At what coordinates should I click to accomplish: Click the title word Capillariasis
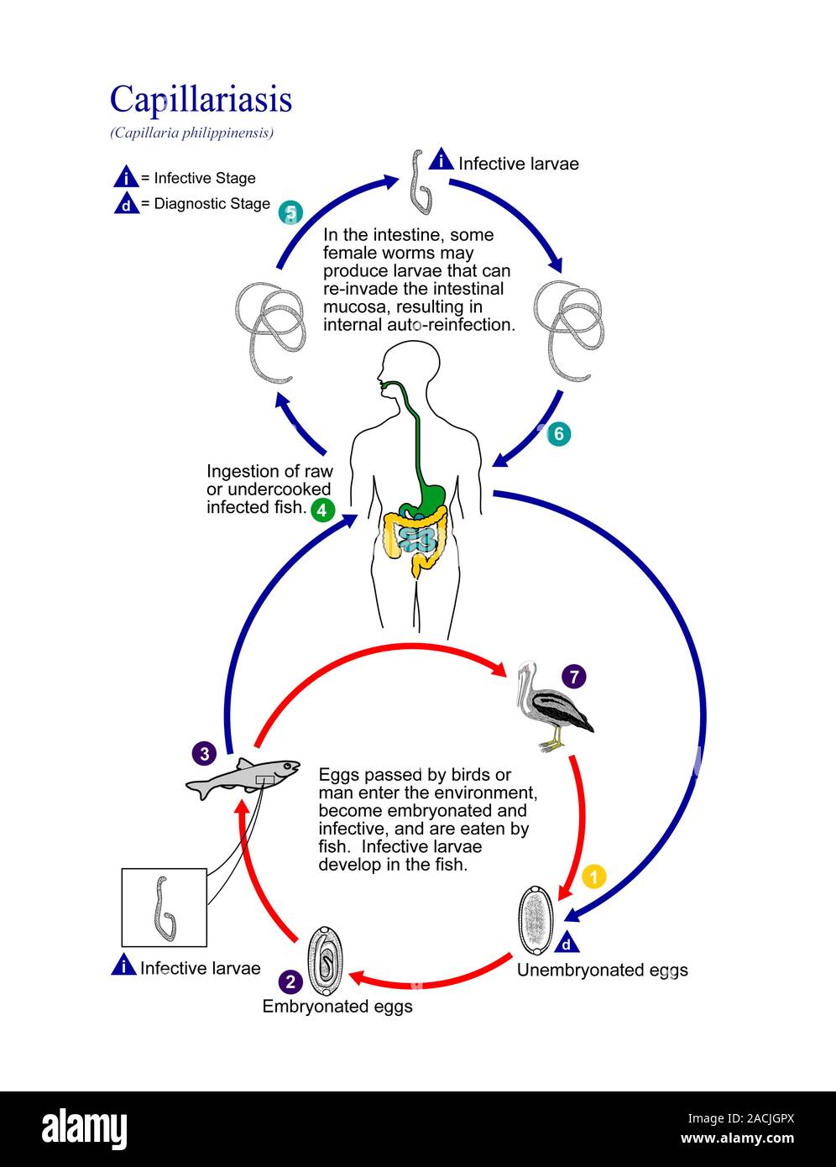201,99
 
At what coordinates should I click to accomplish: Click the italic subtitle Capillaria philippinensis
191,133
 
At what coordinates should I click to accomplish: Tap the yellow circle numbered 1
593,877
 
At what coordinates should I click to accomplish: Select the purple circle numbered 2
290,981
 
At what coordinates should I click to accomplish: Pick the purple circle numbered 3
203,752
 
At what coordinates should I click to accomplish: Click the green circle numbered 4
323,510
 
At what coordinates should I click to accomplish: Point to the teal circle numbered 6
558,434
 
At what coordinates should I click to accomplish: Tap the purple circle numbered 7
574,676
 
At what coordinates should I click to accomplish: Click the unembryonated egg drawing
536,920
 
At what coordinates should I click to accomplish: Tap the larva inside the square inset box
164,908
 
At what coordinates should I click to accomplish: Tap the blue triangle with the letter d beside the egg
568,944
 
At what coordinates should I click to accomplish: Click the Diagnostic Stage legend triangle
126,204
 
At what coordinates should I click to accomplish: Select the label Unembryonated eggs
602,971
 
